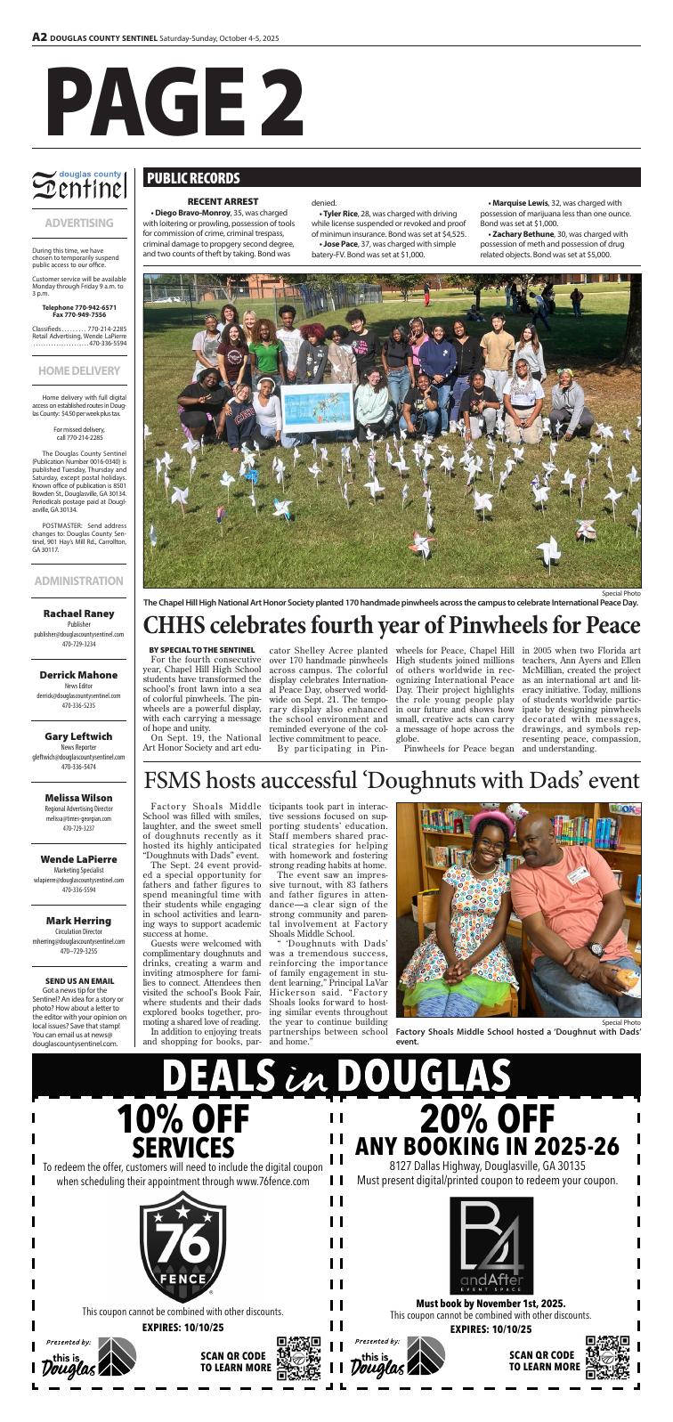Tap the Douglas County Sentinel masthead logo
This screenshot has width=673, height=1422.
[x=79, y=186]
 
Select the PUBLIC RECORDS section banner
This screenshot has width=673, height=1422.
[x=193, y=178]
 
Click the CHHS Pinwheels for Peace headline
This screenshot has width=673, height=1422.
[x=392, y=624]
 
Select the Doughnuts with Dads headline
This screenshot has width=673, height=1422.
[x=392, y=781]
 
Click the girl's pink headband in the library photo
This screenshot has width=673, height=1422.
[x=487, y=817]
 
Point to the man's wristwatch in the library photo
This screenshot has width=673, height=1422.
[x=596, y=949]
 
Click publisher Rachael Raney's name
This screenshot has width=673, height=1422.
[x=79, y=613]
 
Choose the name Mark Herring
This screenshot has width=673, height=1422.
[x=79, y=920]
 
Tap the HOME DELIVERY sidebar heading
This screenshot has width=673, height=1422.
[x=79, y=370]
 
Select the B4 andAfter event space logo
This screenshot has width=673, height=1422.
[x=491, y=1245]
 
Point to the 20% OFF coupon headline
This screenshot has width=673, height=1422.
[x=487, y=1119]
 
